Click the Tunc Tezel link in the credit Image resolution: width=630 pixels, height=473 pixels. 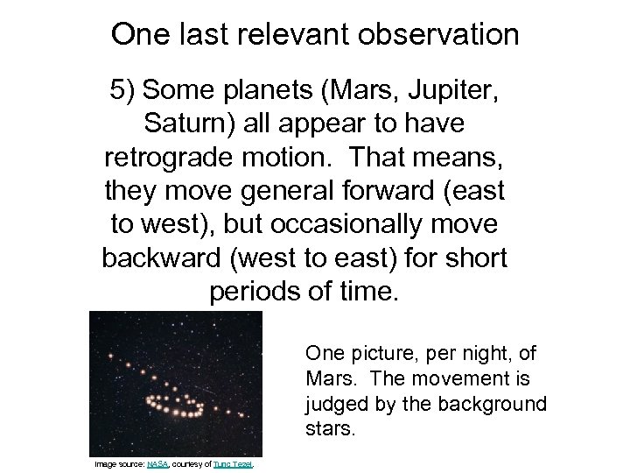pyautogui.click(x=231, y=463)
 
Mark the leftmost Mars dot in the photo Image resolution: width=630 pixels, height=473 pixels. pyautogui.click(x=109, y=356)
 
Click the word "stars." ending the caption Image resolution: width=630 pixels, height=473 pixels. pyautogui.click(x=328, y=430)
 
